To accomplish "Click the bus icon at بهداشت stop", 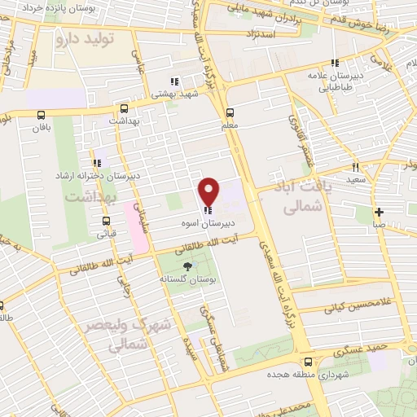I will pyautogui.click(x=124, y=108).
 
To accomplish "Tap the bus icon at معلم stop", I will pyautogui.click(x=230, y=113).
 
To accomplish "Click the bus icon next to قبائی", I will pyautogui.click(x=106, y=221).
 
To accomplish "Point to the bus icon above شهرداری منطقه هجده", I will pyautogui.click(x=307, y=362).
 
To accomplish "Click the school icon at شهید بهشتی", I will pyautogui.click(x=174, y=81).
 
